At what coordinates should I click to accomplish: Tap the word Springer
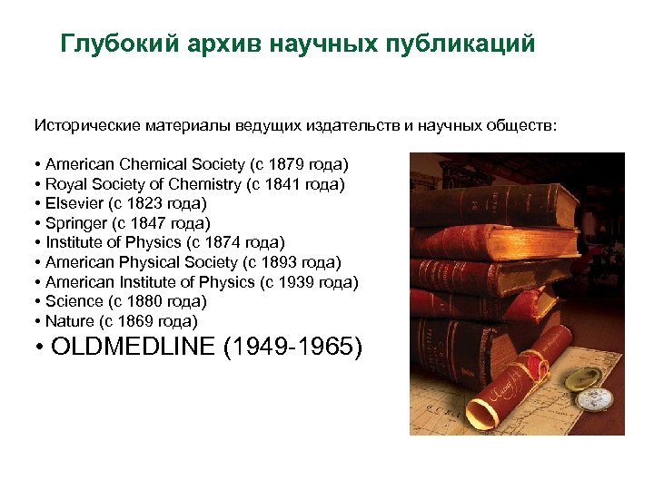point(75,223)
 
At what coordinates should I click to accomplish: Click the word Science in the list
point(74,301)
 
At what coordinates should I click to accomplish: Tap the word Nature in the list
point(70,320)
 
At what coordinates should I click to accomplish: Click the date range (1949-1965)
point(292,347)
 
